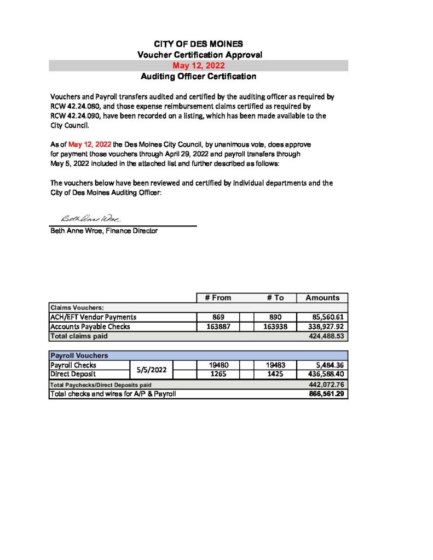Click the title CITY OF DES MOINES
[198, 44]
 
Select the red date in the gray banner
[198, 66]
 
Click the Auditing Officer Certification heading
[198, 77]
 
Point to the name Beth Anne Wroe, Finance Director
[104, 231]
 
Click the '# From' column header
[218, 297]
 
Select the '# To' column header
[275, 297]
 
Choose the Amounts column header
[322, 297]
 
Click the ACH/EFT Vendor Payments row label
[93, 317]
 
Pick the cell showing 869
[218, 317]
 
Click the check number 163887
[218, 326]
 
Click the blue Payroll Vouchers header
[79, 355]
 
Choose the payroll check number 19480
[218, 365]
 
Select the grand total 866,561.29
[327, 394]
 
